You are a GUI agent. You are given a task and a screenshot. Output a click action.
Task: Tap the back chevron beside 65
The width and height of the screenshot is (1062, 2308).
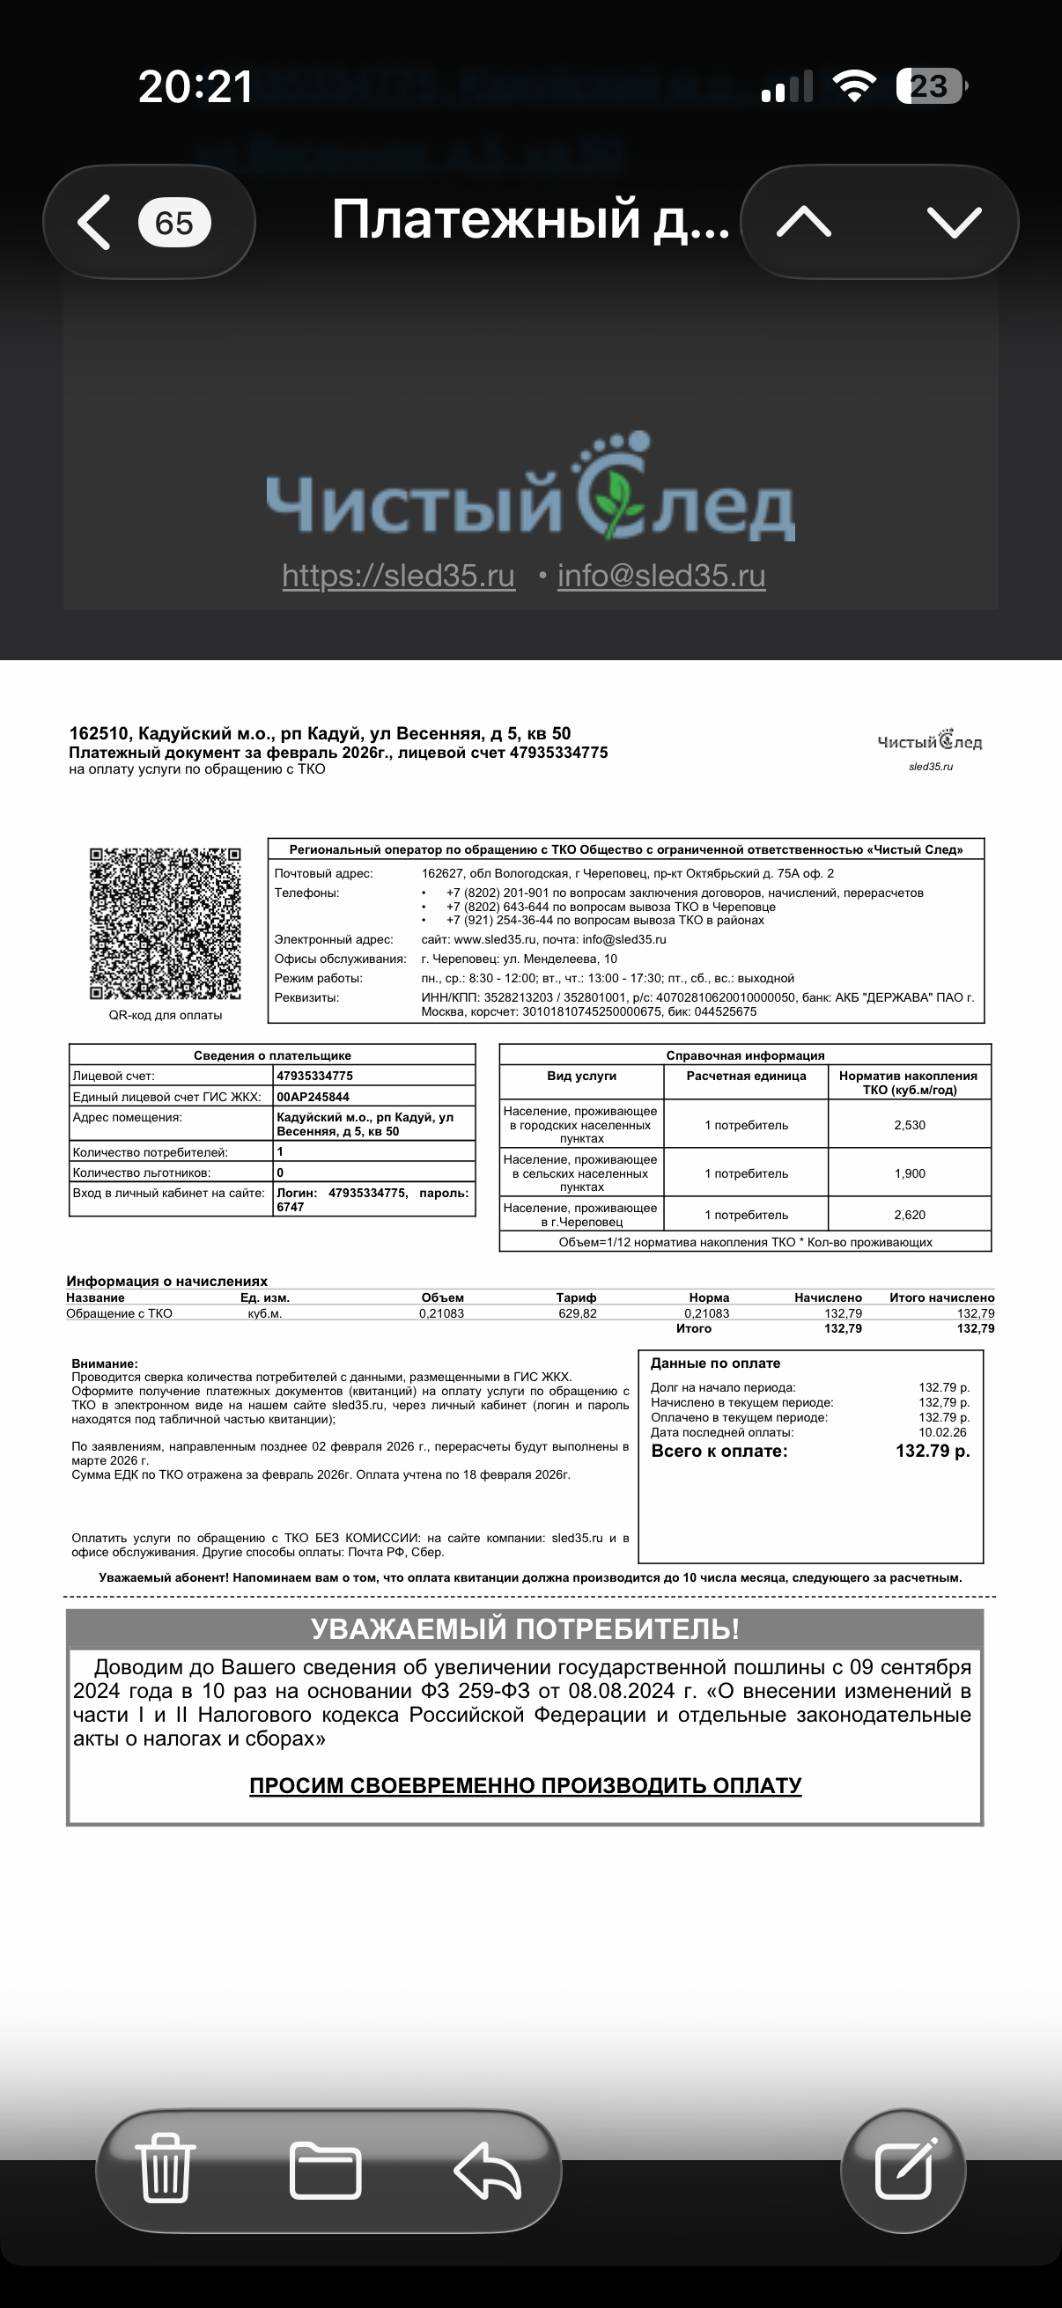pos(95,222)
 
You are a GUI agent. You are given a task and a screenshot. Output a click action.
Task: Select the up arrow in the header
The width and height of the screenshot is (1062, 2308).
pos(803,222)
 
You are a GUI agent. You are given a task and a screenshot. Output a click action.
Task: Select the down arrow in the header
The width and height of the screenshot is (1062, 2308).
pos(954,222)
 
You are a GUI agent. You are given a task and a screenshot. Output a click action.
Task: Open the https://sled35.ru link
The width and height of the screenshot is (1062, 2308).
pos(399,575)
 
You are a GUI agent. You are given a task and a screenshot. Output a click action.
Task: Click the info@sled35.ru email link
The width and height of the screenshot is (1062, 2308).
pos(661,575)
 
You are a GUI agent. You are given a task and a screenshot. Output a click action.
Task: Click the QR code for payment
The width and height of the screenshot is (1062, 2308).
pos(165,923)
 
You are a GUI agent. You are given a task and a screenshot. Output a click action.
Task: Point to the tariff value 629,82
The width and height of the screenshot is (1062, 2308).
pos(577,1313)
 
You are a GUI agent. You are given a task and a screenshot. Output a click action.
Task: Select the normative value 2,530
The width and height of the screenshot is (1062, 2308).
pos(910,1125)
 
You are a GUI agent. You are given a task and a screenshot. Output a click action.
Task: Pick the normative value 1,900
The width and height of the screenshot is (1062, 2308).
pos(910,1173)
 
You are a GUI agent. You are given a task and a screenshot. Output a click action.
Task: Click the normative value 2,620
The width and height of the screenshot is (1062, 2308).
pos(910,1215)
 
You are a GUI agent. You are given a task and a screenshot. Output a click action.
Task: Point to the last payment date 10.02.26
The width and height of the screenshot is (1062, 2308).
pos(942,1433)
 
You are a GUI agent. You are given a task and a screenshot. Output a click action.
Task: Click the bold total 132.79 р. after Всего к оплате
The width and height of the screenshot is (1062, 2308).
pos(932,1452)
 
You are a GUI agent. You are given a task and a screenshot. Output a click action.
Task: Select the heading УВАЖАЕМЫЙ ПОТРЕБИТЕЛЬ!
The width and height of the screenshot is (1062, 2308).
pos(525,1628)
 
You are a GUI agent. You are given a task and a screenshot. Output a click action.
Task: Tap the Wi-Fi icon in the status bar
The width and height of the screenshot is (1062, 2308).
pos(853,86)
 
